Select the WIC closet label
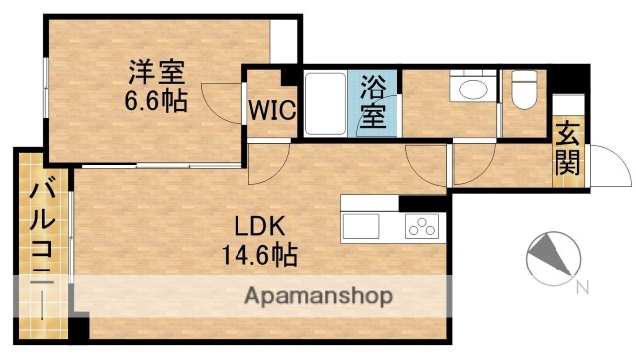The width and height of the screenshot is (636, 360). pos(271,108)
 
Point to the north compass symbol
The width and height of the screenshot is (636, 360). pos(550,257)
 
